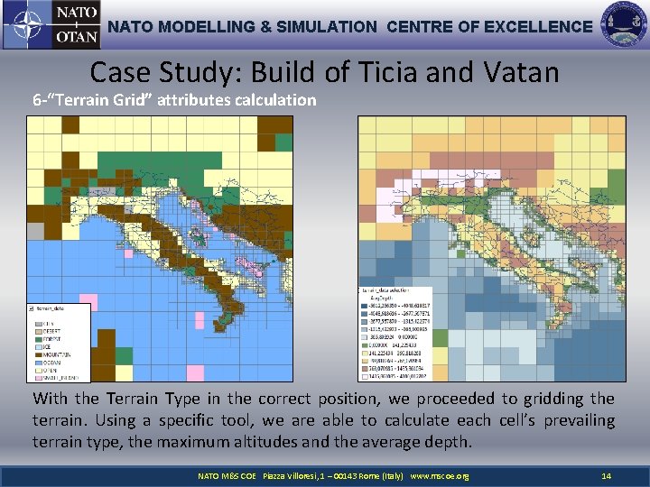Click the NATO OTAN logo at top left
coord(51,25)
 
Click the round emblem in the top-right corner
coord(623,24)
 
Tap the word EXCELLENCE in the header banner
coord(538,27)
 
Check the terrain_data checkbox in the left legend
coord(33,308)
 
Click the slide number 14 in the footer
coord(606,475)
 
